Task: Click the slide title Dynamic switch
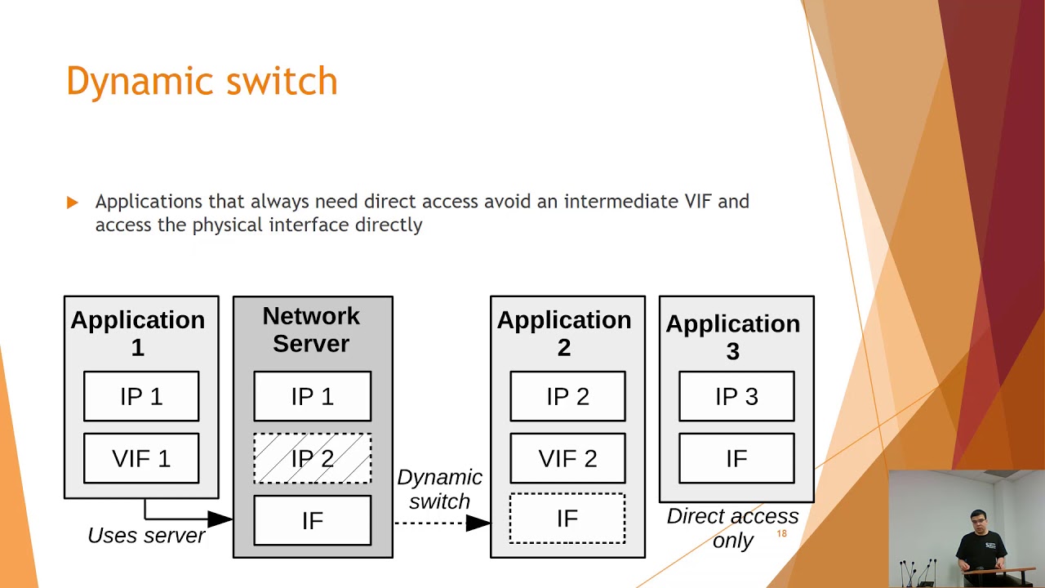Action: pos(202,82)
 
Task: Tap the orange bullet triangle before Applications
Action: pos(73,202)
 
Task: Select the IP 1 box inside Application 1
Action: pos(141,397)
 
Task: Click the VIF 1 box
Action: pos(141,459)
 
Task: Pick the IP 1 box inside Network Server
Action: pos(312,397)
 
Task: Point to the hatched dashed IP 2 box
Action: pos(312,459)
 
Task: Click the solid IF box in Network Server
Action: pos(312,521)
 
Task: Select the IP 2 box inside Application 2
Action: pos(567,397)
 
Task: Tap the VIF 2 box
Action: pos(567,459)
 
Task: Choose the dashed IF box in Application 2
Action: pos(567,519)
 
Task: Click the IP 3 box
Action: pos(736,397)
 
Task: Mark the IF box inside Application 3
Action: pos(736,459)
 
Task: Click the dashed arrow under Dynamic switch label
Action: pos(442,523)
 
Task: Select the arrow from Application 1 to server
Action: pos(188,518)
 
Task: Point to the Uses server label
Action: pos(147,536)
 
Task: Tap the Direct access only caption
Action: pos(732,528)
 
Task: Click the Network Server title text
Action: pos(311,330)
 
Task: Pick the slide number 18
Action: pos(781,533)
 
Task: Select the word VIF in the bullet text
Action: pos(699,202)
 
